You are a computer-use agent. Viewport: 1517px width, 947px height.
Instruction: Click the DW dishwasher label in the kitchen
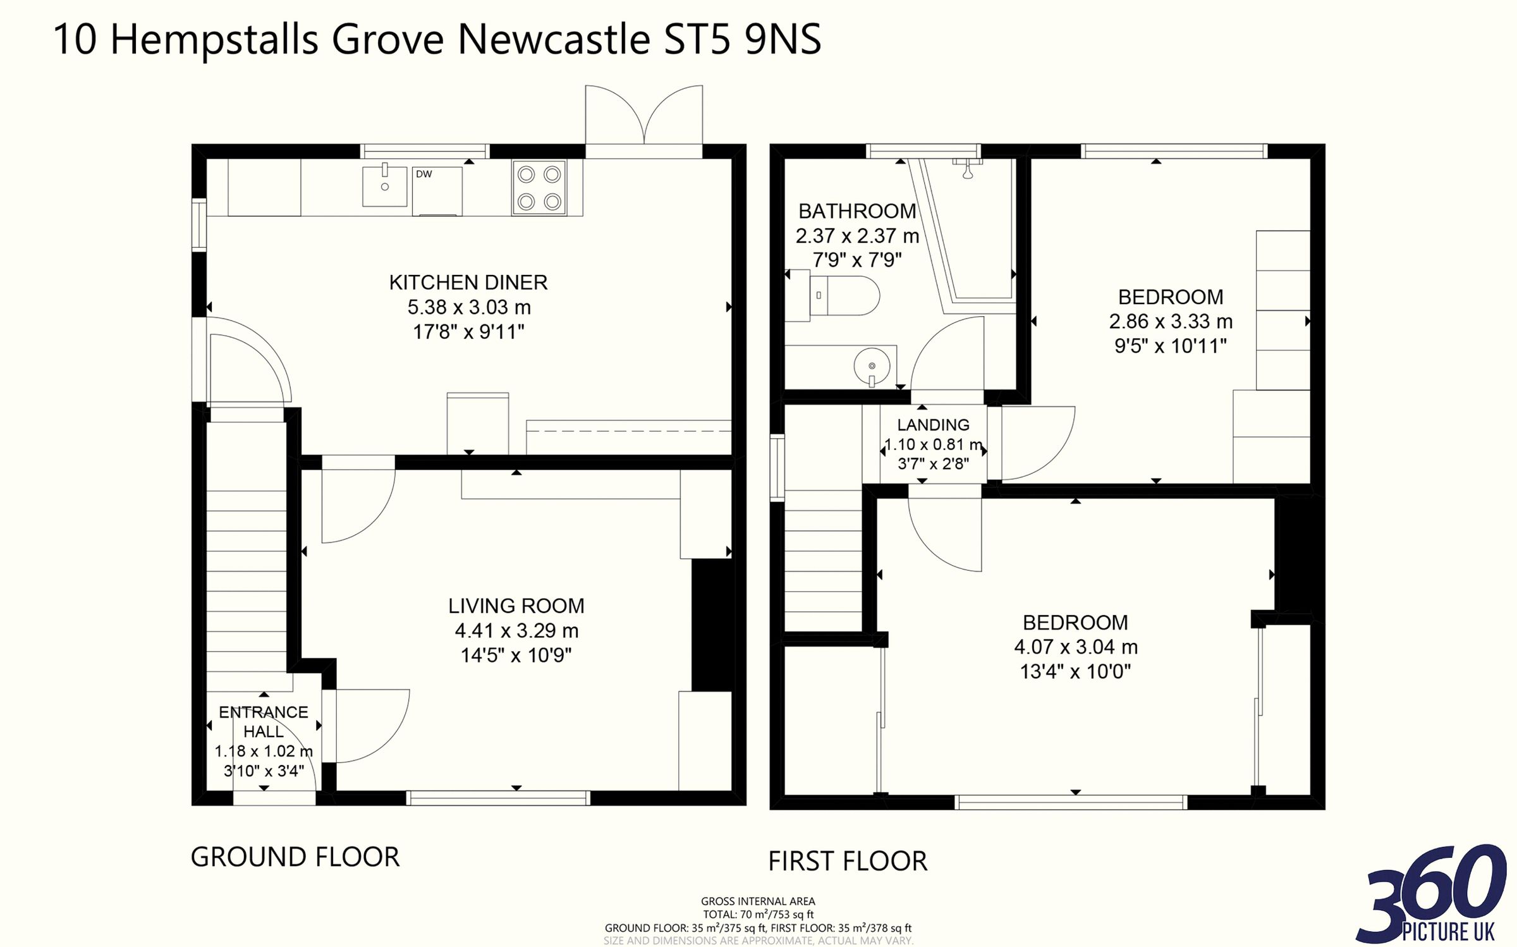pyautogui.click(x=423, y=174)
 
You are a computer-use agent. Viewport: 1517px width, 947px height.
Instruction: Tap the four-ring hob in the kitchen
pyautogui.click(x=539, y=188)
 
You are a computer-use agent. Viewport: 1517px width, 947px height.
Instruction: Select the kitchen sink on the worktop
pyautogui.click(x=384, y=186)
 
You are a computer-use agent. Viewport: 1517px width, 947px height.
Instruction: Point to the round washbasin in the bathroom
pyautogui.click(x=872, y=366)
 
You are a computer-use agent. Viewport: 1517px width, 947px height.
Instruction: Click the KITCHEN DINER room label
pyautogui.click(x=468, y=283)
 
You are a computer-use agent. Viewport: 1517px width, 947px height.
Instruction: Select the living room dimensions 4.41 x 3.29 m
pyautogui.click(x=516, y=630)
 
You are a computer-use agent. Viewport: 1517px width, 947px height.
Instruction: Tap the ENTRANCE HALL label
pyautogui.click(x=264, y=722)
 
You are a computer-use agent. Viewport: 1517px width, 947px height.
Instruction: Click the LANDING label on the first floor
pyautogui.click(x=933, y=425)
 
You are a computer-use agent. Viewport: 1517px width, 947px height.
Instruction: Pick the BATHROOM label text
pyautogui.click(x=857, y=211)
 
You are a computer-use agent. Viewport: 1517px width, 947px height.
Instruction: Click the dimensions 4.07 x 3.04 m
pyautogui.click(x=1076, y=647)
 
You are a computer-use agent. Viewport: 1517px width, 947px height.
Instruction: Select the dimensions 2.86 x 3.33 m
pyautogui.click(x=1171, y=321)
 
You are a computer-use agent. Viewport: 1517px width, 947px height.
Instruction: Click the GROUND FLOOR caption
pyautogui.click(x=295, y=857)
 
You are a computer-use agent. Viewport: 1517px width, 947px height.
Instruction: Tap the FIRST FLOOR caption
pyautogui.click(x=848, y=861)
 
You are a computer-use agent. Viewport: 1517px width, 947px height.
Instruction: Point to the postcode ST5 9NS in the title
pyautogui.click(x=742, y=39)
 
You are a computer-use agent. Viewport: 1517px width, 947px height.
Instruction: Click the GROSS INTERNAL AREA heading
pyautogui.click(x=758, y=901)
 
